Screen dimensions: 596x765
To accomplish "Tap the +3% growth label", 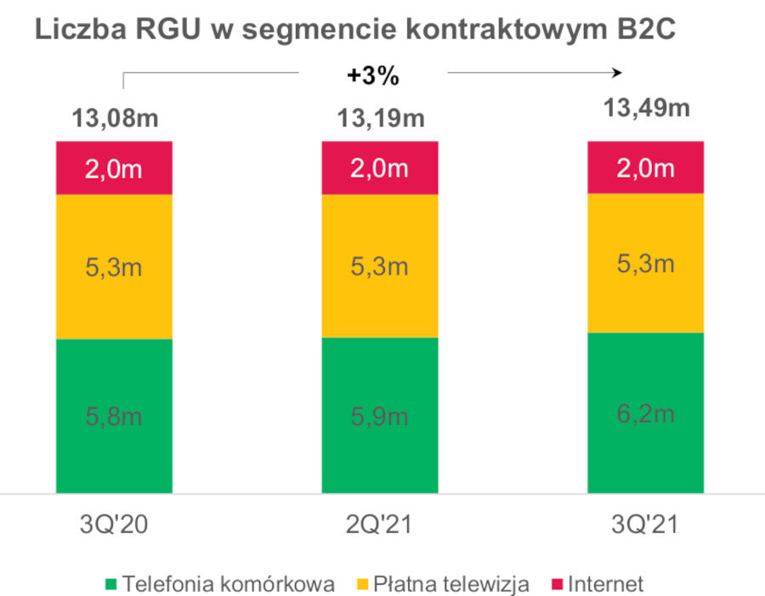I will (x=372, y=76).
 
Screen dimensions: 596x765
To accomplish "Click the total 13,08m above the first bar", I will (x=114, y=118).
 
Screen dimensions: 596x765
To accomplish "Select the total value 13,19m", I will (x=379, y=118).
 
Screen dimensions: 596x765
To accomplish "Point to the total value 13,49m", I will (x=646, y=109).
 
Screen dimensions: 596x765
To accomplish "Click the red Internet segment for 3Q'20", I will (x=114, y=168).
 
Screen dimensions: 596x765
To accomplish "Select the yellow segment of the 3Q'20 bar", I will (x=114, y=267).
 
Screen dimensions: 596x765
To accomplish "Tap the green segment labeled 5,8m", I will (x=114, y=416).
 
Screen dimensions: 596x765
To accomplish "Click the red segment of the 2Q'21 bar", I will (x=379, y=168).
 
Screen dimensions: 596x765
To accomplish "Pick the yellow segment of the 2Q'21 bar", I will (x=379, y=266).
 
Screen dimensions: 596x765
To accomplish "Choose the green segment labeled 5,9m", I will (x=379, y=415).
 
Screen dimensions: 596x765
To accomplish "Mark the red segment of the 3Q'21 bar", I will (x=646, y=167).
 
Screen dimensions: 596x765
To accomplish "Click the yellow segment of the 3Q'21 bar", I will (x=646, y=263).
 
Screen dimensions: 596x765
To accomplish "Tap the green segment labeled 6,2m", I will (x=646, y=412).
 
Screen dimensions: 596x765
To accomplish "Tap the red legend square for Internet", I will (x=558, y=584).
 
